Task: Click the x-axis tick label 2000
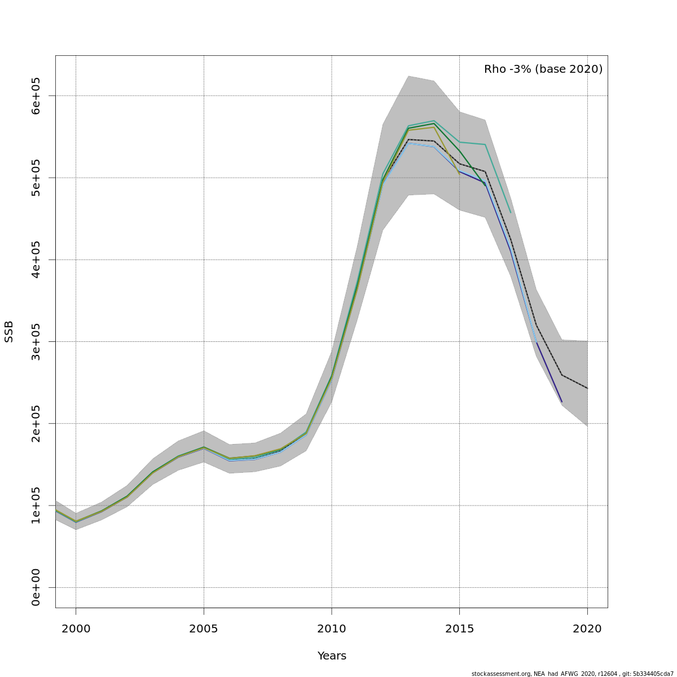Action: (x=76, y=628)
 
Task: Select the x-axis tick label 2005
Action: (x=204, y=628)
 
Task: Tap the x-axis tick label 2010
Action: (x=332, y=628)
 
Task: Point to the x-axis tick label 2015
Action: (x=459, y=628)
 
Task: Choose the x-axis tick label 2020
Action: (x=587, y=628)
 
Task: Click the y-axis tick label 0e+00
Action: (x=36, y=587)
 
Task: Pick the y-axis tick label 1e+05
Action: (x=36, y=505)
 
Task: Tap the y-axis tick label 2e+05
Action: (x=36, y=424)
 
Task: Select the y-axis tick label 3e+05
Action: (x=36, y=341)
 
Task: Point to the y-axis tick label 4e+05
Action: (x=36, y=260)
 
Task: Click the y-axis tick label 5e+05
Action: (x=36, y=178)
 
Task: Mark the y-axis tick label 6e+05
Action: (x=36, y=96)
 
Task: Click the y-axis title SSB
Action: (x=9, y=332)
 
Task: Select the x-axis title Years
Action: (x=332, y=656)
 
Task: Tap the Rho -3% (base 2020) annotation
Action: (x=543, y=69)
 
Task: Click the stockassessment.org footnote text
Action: (x=572, y=674)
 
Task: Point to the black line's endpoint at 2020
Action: (x=587, y=388)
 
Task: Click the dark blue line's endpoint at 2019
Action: (x=562, y=402)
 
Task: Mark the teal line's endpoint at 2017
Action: (x=511, y=213)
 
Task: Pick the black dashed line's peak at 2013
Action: (x=408, y=139)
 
